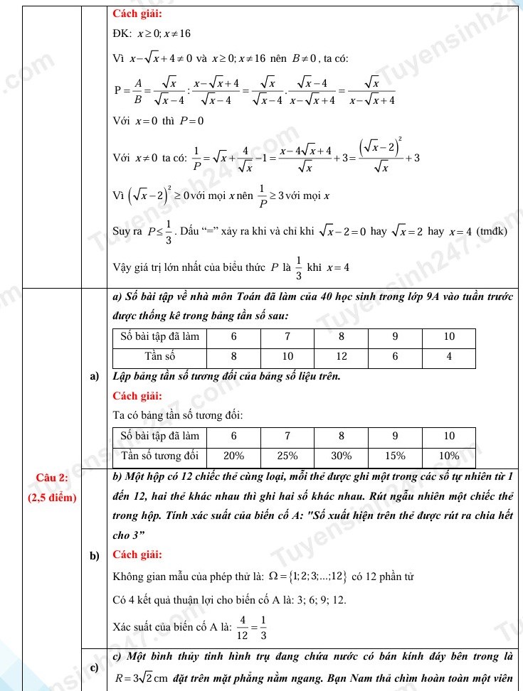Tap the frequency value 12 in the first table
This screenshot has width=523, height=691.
341,355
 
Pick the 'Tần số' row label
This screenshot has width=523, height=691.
159,355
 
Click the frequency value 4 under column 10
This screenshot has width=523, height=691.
449,355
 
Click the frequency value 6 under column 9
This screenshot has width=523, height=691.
395,355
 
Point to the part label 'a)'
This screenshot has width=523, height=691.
94,375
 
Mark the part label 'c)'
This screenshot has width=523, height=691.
94,666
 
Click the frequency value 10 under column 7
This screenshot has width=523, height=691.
287,355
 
